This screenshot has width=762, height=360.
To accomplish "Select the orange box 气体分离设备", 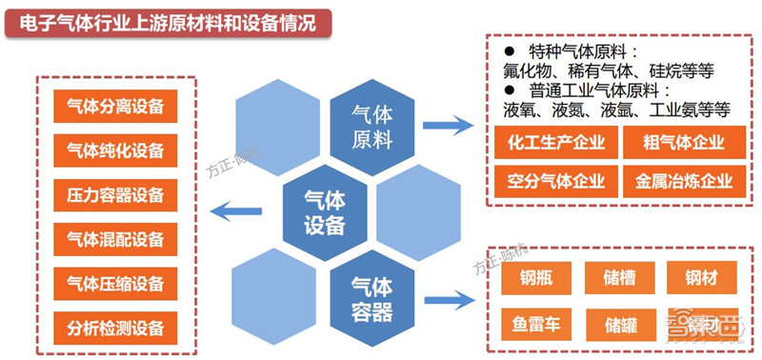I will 115,106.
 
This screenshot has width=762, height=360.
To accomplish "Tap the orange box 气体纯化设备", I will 115,150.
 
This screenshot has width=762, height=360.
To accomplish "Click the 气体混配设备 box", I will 115,238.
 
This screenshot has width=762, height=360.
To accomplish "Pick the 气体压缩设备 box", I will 115,283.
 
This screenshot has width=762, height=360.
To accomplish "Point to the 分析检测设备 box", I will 115,328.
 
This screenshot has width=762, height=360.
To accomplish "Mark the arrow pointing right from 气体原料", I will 448,125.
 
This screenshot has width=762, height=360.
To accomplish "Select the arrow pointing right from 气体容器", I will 449,301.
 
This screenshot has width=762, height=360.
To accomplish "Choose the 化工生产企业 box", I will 554,143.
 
